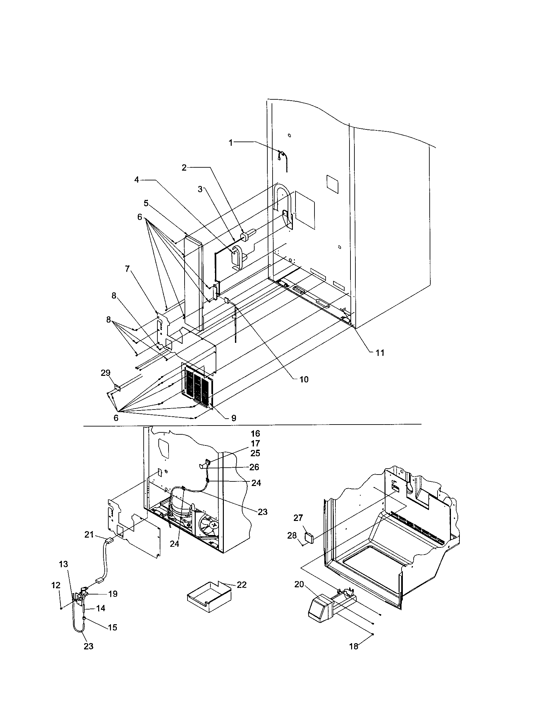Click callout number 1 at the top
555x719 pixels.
(x=231, y=142)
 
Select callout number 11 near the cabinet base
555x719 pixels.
(x=380, y=353)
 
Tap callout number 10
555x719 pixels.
(x=304, y=379)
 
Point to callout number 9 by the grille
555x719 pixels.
(x=233, y=418)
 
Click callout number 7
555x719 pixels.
(x=127, y=269)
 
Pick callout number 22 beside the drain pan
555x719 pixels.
(x=242, y=585)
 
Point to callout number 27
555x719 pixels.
(x=298, y=518)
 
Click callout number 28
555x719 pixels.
(x=292, y=536)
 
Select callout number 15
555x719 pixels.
(x=112, y=627)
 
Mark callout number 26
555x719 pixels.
(x=254, y=467)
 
